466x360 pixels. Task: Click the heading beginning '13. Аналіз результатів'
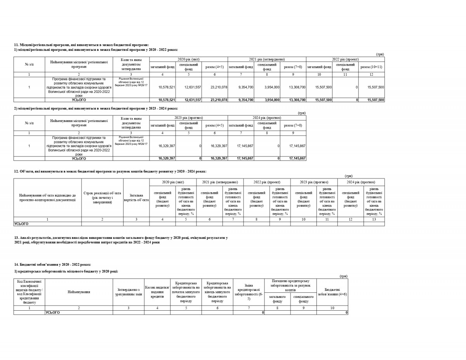[121, 237]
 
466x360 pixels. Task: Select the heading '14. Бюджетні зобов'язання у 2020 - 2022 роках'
[52, 264]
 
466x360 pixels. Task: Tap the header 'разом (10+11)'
[371, 67]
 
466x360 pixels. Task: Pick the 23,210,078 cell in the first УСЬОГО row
[215, 100]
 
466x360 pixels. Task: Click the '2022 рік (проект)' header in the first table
[345, 59]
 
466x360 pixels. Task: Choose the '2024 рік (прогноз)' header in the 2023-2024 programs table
[267, 118]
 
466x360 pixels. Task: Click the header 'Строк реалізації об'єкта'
[103, 198]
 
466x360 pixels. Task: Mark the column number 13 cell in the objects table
[374, 219]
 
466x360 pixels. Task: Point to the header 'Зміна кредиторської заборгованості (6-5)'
[249, 292]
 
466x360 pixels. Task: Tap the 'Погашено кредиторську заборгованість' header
[290, 285]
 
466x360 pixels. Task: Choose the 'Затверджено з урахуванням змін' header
[129, 292]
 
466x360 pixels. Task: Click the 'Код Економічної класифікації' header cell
[30, 292]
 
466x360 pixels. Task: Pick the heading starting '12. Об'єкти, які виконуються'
[110, 171]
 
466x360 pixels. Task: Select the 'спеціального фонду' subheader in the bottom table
[303, 299]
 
